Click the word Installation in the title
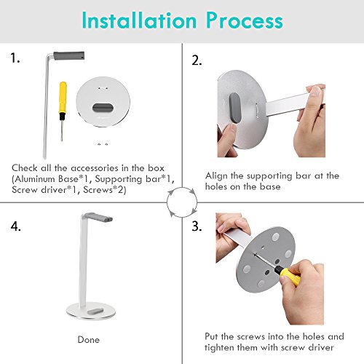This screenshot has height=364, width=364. click(139, 20)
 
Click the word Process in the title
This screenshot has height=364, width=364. click(245, 20)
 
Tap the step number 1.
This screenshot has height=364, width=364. click(15, 58)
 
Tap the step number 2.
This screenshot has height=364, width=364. click(197, 60)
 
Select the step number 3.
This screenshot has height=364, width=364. click(197, 226)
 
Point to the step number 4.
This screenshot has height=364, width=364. click(15, 226)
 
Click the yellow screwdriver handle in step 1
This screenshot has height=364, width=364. click(63, 98)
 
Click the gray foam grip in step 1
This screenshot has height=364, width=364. click(69, 56)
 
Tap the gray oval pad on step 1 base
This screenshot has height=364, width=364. click(103, 108)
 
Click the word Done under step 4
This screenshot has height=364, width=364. click(89, 340)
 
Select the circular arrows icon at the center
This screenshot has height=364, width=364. click(182, 202)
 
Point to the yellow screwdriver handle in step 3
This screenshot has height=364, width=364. click(289, 276)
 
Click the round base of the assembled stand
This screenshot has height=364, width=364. click(90, 311)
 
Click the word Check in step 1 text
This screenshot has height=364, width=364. click(25, 168)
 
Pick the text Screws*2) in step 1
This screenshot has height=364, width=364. click(105, 190)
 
